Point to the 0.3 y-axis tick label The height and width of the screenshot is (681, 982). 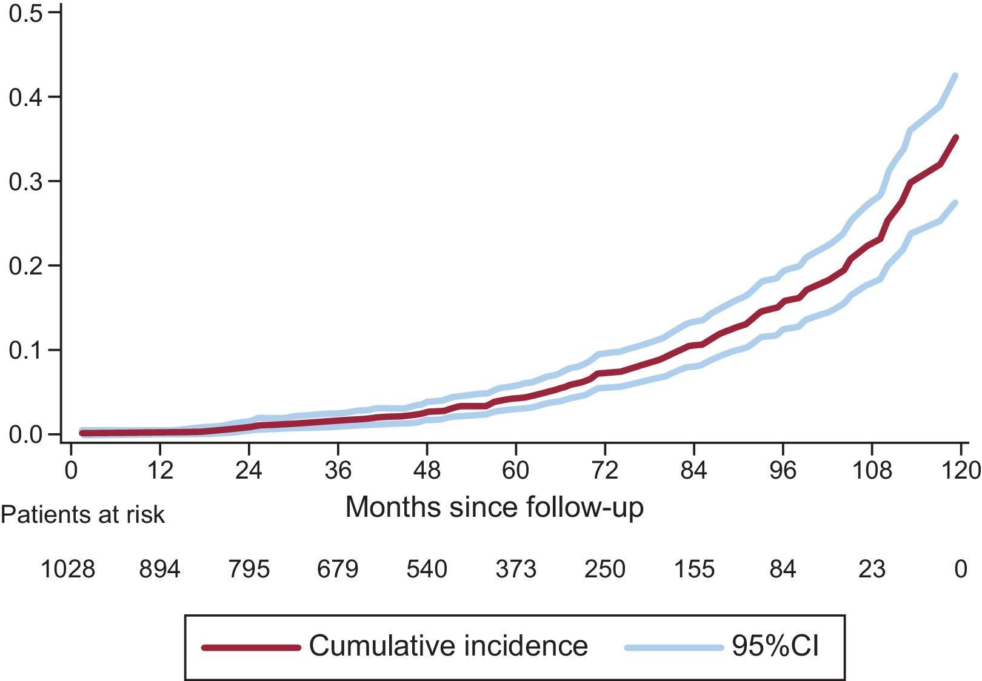[x=26, y=181]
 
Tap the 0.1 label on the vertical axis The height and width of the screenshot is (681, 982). [x=26, y=350]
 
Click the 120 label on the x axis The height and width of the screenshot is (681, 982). [x=960, y=470]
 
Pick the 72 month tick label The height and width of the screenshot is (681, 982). [x=604, y=470]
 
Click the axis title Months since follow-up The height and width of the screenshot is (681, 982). [x=494, y=507]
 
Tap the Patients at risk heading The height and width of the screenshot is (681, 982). [x=82, y=514]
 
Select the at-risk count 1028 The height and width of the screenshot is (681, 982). [x=67, y=569]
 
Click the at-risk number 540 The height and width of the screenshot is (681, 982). [x=427, y=569]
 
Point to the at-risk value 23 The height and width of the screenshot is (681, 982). [x=872, y=569]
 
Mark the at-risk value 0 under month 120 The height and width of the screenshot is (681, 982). [x=960, y=569]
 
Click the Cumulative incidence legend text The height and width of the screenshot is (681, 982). [x=448, y=646]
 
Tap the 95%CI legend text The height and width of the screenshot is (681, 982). [x=775, y=646]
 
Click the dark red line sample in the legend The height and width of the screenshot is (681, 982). [x=251, y=647]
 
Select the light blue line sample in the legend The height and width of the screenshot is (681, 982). [x=673, y=647]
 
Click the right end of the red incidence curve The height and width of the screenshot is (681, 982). [x=956, y=138]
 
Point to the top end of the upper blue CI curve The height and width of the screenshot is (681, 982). [x=955, y=76]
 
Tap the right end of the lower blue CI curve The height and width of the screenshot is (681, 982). [x=955, y=203]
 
